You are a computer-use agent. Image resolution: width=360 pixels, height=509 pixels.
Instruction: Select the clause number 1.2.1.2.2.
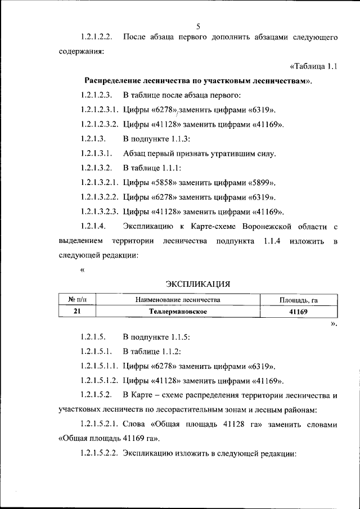pos(97,37)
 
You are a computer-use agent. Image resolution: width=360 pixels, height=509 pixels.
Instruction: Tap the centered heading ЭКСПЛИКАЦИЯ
pos(198,285)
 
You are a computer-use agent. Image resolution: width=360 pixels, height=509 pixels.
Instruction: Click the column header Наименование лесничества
pos(178,300)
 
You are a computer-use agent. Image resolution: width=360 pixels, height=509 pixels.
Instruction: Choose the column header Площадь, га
pos(299,300)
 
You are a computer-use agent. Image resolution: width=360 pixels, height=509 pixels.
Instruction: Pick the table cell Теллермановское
pos(178,311)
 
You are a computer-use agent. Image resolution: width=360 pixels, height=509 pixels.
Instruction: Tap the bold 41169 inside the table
pos(299,311)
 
